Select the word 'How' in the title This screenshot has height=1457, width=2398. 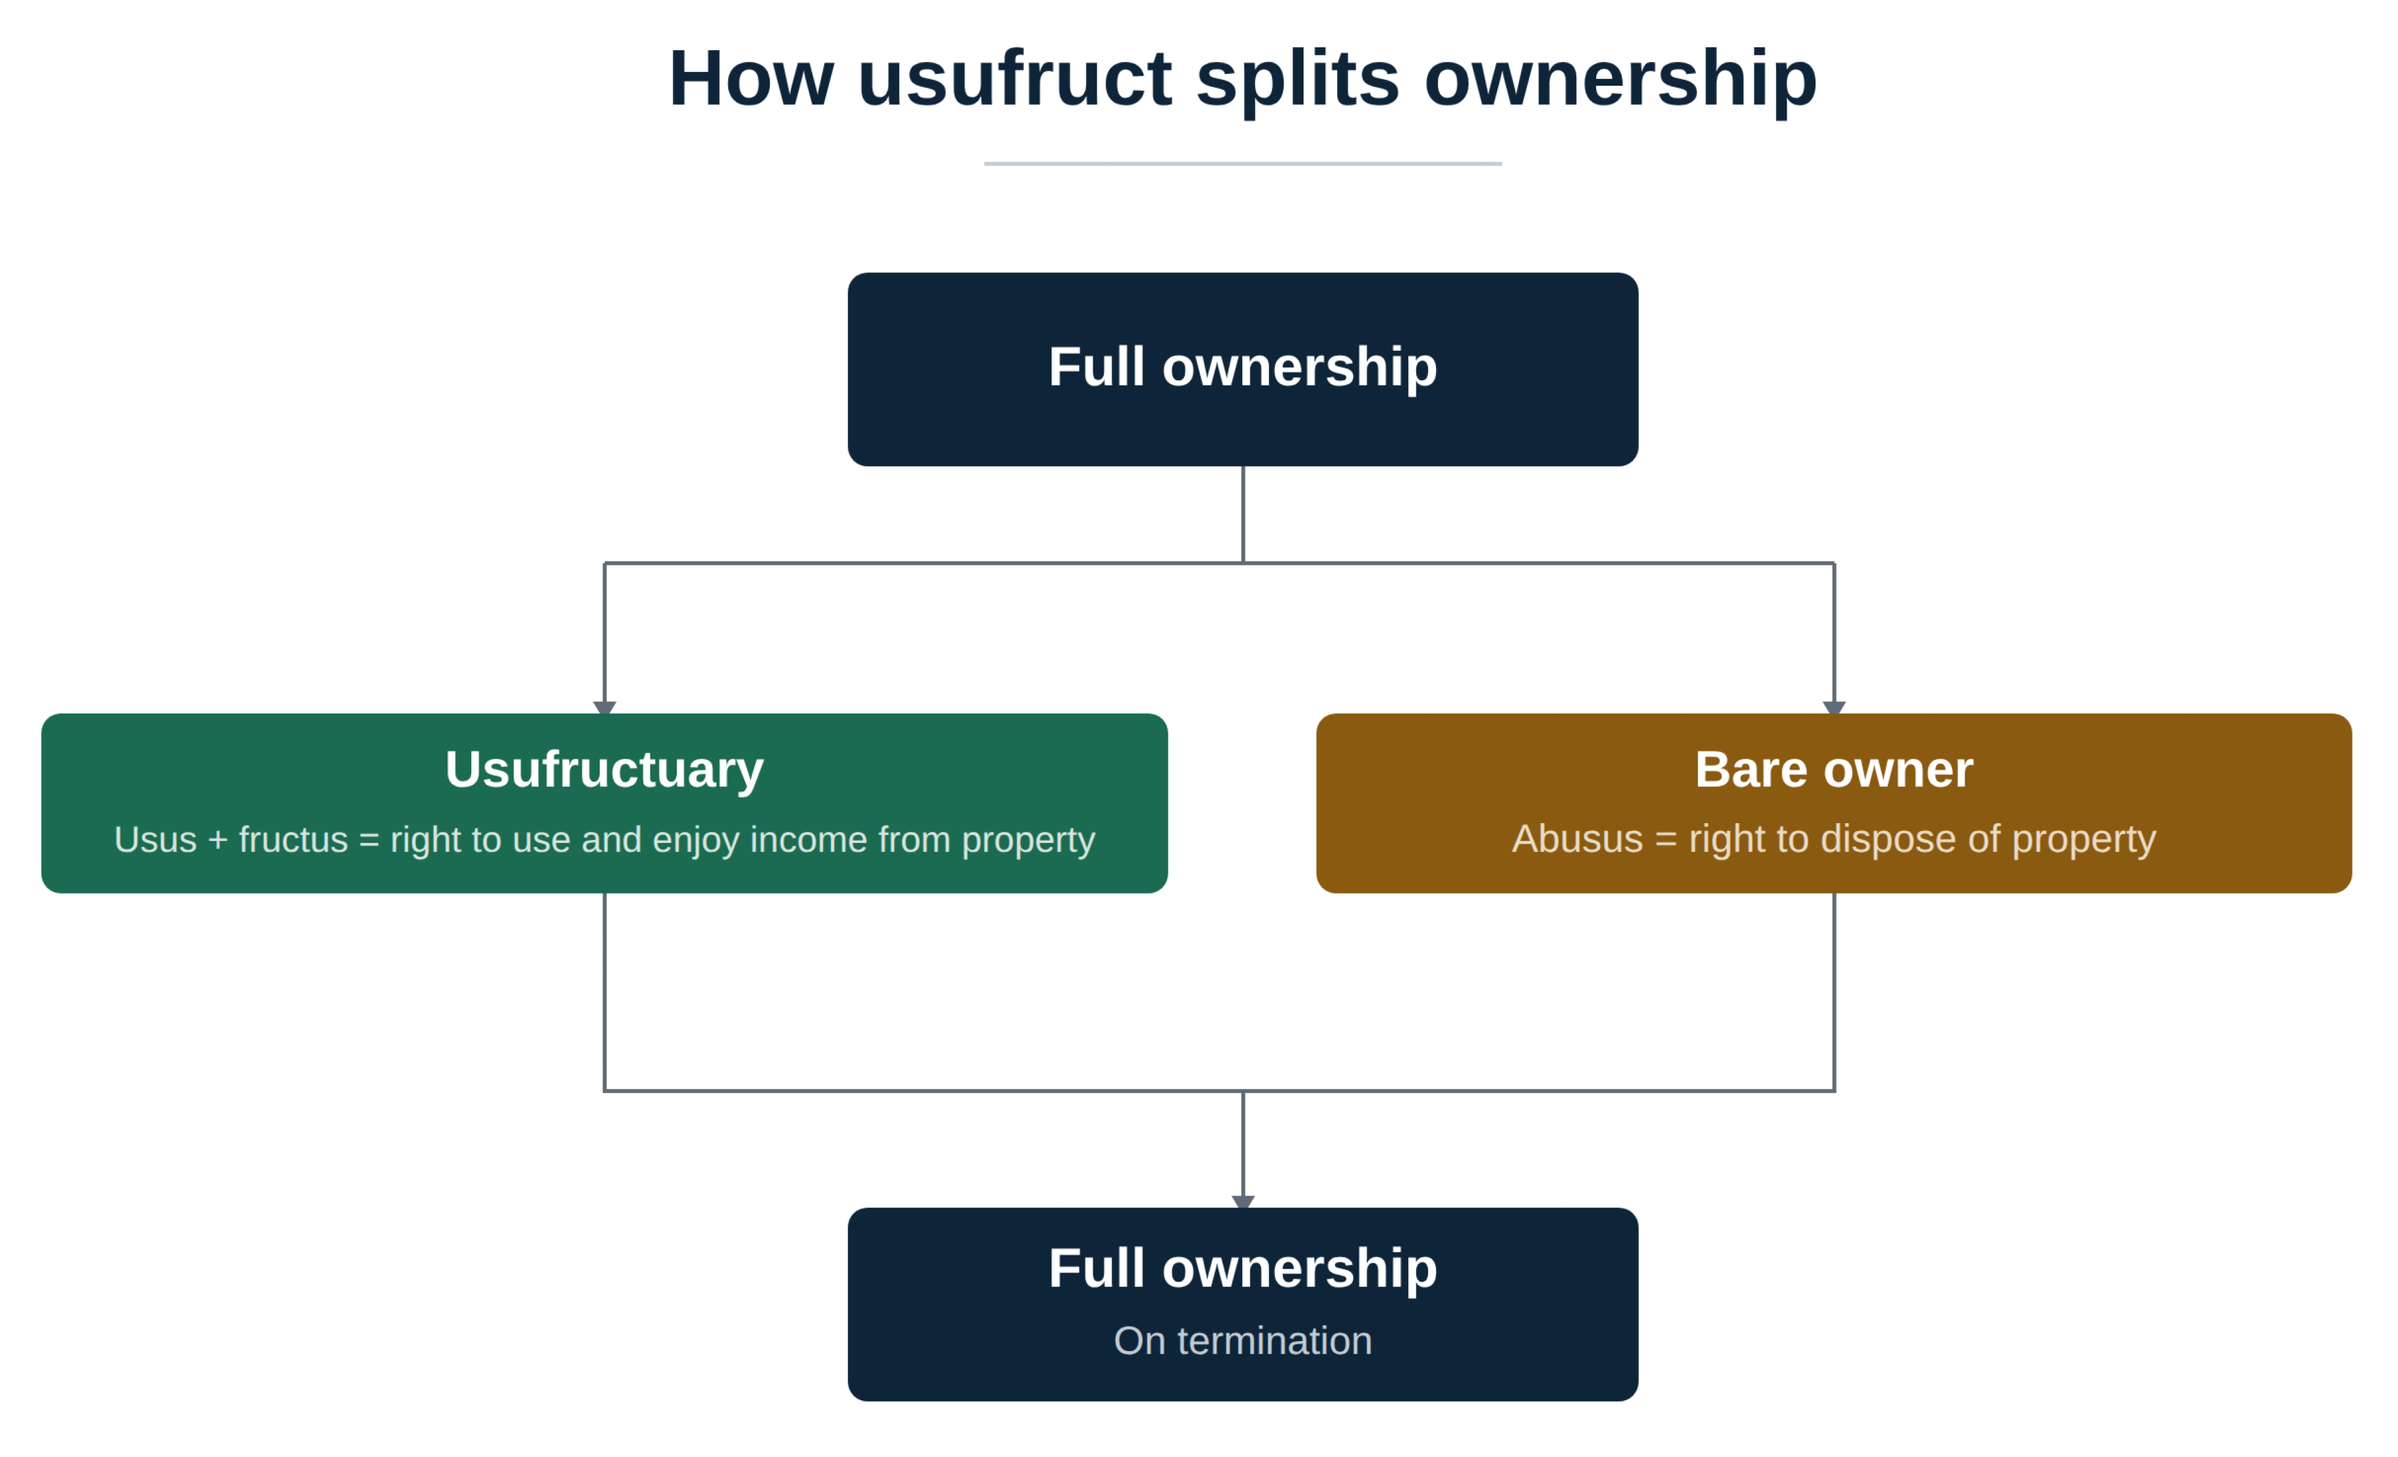(x=751, y=79)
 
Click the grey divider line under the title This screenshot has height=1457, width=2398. (x=1243, y=163)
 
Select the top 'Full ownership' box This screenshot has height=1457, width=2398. (x=1243, y=369)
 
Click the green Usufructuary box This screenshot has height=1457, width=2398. (x=604, y=803)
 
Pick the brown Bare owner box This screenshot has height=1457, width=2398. (x=1833, y=803)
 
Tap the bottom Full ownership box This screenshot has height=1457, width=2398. (x=1243, y=1304)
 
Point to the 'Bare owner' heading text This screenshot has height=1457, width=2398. (x=1833, y=770)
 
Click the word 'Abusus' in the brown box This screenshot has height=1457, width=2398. (x=1577, y=839)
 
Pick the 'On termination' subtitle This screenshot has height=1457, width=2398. (x=1243, y=1341)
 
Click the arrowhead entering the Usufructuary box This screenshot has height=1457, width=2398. (x=604, y=708)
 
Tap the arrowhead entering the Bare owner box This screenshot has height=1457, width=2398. (x=1833, y=708)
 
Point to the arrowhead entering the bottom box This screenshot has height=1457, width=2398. (x=1243, y=1202)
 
